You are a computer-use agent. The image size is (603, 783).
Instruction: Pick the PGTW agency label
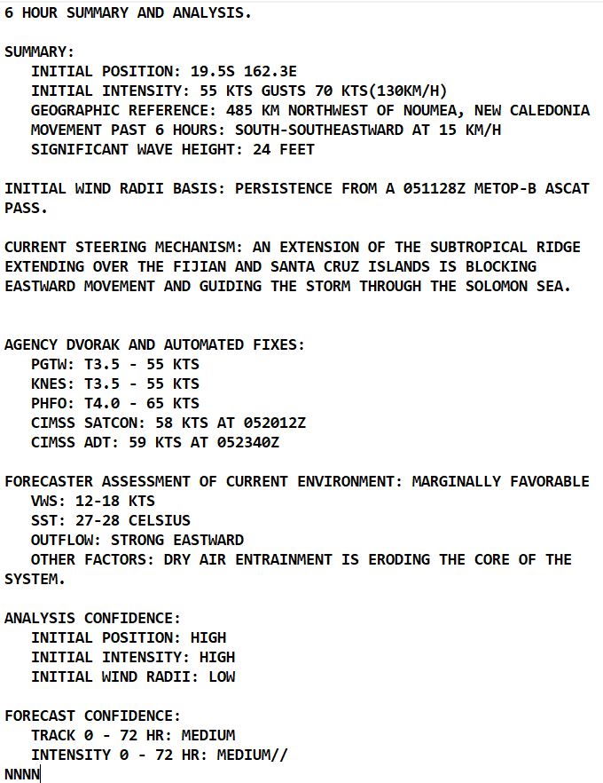pyautogui.click(x=49, y=364)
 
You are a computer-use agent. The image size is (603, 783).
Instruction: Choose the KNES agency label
pyautogui.click(x=49, y=384)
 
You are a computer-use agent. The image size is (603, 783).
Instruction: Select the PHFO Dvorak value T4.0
pyautogui.click(x=98, y=403)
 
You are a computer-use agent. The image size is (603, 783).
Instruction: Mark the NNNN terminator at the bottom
pyautogui.click(x=22, y=774)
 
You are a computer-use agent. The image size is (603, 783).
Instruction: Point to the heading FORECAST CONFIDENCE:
pyautogui.click(x=92, y=716)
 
